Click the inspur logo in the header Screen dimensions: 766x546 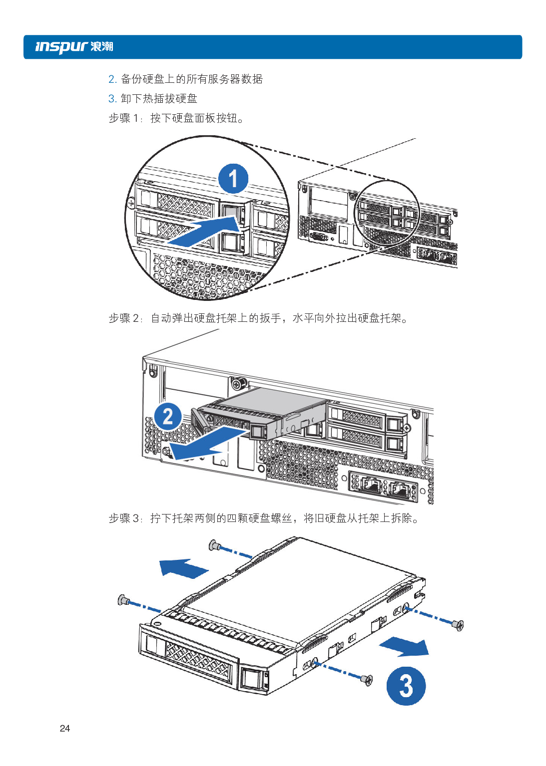74,47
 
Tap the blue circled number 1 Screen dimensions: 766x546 233,179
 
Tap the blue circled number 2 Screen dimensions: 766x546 168,417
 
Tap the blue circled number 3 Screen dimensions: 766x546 406,686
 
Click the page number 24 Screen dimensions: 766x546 65,728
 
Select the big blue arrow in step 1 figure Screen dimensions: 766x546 204,231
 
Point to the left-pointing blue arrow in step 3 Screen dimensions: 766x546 182,568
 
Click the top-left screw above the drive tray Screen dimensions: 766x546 215,545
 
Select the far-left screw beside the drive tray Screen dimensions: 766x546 123,600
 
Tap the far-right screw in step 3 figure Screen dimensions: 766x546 458,624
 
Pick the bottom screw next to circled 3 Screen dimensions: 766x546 367,679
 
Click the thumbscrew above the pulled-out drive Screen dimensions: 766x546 238,383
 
